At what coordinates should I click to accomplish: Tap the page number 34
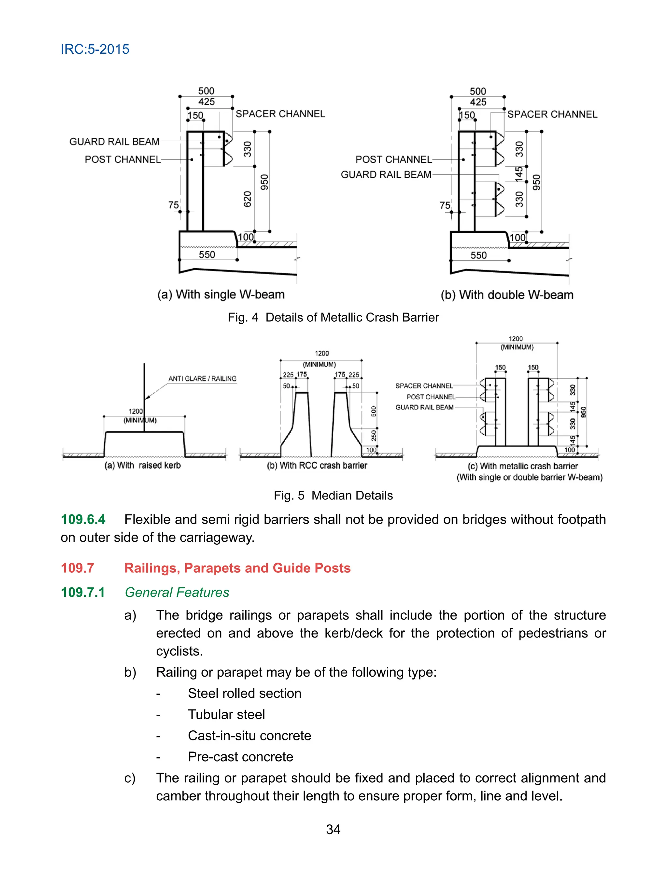tap(333, 829)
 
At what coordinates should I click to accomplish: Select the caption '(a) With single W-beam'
tap(221, 294)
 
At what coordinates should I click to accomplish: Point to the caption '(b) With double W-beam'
tap(507, 295)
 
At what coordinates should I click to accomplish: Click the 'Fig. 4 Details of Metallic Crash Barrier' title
tap(333, 317)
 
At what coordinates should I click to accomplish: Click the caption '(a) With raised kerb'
tap(143, 466)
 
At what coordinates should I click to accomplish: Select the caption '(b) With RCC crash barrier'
tap(317, 466)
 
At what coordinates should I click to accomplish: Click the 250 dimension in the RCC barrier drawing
tap(374, 436)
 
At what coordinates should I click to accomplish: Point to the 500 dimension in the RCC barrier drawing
tap(374, 411)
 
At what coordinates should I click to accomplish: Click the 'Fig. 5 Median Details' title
tap(333, 496)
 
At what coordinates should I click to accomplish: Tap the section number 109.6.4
tap(83, 519)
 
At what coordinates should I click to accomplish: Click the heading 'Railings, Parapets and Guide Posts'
tap(237, 568)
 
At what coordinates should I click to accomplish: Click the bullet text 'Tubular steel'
tap(226, 714)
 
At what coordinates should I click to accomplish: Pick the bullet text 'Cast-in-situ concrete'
tap(249, 736)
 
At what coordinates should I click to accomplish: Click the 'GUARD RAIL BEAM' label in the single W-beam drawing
tap(114, 142)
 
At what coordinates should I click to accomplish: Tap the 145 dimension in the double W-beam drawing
tap(519, 174)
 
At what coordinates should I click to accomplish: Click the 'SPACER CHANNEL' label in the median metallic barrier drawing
tap(424, 386)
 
